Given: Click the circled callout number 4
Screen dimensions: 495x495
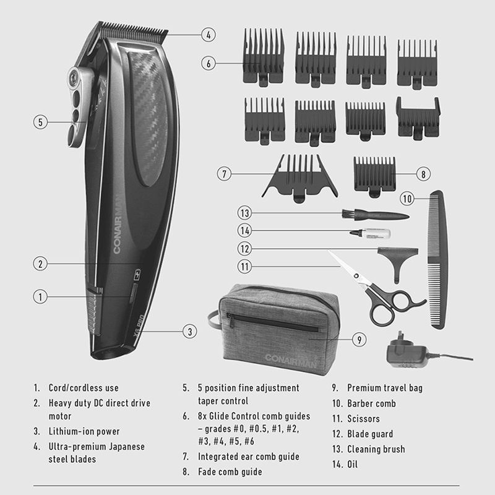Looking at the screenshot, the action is [209, 35].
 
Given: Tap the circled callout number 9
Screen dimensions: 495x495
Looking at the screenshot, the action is [359, 340].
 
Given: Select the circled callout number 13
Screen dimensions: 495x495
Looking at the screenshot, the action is [245, 213].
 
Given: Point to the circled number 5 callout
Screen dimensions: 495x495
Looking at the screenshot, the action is [40, 122].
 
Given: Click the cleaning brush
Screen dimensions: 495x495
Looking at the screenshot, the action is [376, 215].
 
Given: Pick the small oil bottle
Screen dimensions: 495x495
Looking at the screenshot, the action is [370, 234].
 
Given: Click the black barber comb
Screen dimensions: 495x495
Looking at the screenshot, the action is [438, 259].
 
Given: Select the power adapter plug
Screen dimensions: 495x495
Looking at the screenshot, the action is [407, 351].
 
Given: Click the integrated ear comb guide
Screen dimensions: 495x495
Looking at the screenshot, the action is [299, 178].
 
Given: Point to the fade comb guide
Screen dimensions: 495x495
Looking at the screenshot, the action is [374, 177].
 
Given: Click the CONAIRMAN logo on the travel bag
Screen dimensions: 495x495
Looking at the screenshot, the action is [290, 361].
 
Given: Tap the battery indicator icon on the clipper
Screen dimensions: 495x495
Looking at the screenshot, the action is [137, 275].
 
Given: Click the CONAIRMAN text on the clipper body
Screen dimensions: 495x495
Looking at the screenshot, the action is [117, 224].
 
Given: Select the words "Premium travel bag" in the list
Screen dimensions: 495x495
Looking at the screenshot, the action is [385, 388].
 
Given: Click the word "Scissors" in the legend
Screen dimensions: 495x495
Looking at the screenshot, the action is [363, 419].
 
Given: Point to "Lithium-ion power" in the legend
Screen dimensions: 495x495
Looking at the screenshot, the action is [84, 431].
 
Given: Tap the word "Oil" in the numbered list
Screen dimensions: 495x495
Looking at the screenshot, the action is [352, 465].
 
